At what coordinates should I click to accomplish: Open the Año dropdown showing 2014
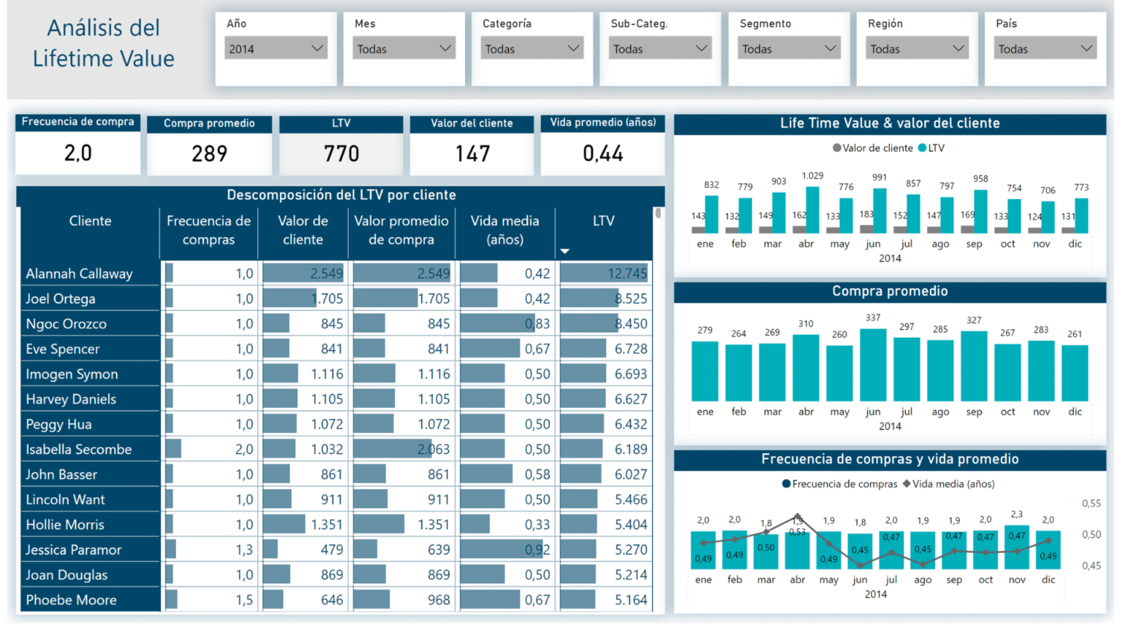(x=276, y=49)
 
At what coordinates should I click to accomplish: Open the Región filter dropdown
(x=917, y=49)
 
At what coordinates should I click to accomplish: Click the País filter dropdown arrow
(x=1086, y=49)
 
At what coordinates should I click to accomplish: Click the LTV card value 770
(x=341, y=154)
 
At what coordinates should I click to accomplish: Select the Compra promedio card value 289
(x=209, y=154)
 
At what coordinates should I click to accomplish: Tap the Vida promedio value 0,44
(x=602, y=154)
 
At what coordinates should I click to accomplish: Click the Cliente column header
(x=90, y=221)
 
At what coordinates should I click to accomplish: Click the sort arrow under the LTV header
(x=564, y=252)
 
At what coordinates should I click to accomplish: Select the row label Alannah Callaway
(x=79, y=274)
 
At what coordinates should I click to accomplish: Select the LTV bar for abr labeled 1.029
(x=812, y=210)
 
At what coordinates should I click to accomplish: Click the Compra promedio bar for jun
(x=873, y=364)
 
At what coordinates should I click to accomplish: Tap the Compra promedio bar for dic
(x=1075, y=372)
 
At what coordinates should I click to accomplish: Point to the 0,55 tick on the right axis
(x=1091, y=503)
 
